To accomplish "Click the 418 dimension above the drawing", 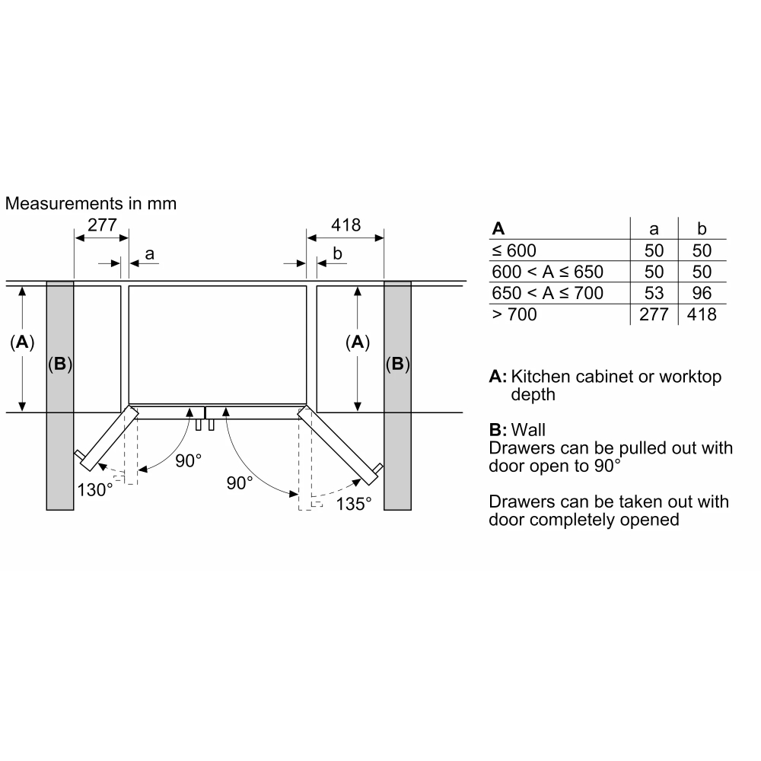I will pyautogui.click(x=345, y=225).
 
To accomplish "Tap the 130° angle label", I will pyautogui.click(x=94, y=489).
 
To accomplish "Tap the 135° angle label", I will pyautogui.click(x=353, y=503).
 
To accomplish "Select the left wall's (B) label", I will pyautogui.click(x=59, y=365).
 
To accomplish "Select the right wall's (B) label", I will pyautogui.click(x=397, y=365).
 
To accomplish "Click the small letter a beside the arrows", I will pyautogui.click(x=149, y=253).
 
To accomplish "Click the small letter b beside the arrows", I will pyautogui.click(x=338, y=253).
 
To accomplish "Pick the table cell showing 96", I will pyautogui.click(x=702, y=293).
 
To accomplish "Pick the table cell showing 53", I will pyautogui.click(x=654, y=293).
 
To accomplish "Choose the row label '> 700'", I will pyautogui.click(x=514, y=314).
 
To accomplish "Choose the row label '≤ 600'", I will pyautogui.click(x=514, y=250).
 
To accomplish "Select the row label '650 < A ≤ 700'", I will pyautogui.click(x=547, y=293).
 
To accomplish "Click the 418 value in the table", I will pyautogui.click(x=702, y=314).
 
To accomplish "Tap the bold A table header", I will pyautogui.click(x=498, y=228).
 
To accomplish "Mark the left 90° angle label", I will pyautogui.click(x=188, y=460).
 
